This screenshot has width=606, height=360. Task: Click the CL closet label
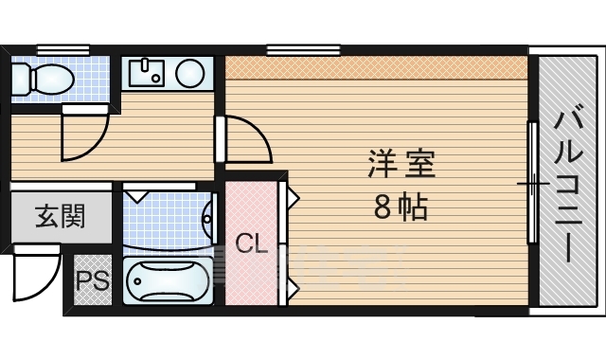pos(251,244)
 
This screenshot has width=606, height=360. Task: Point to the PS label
pos(91,280)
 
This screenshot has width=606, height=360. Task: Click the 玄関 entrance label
pos(60,217)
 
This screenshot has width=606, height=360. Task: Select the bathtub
pos(169,281)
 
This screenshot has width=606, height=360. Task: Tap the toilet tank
pos(19,78)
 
